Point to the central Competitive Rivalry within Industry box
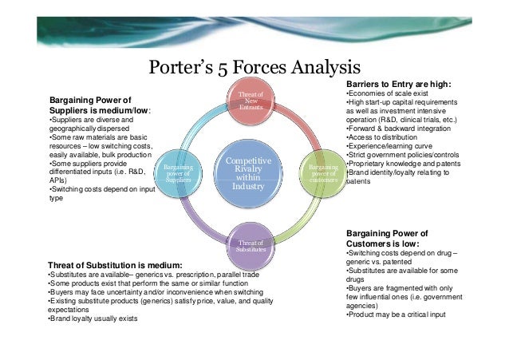248,173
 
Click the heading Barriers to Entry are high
399,84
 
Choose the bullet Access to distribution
381,136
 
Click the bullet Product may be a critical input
396,315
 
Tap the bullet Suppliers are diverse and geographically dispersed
92,123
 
